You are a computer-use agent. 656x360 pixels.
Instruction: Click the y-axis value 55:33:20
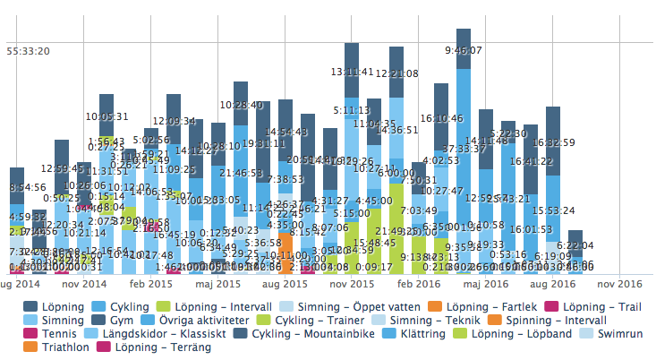[28, 51]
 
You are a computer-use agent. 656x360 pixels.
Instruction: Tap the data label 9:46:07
[464, 50]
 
